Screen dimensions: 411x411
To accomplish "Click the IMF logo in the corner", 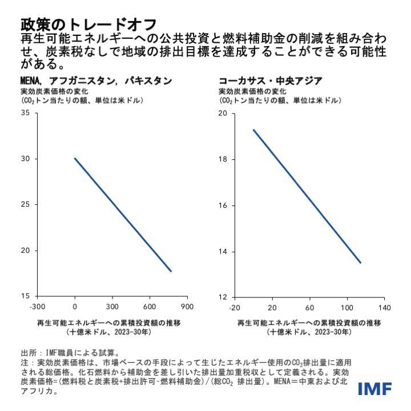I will coord(375,389).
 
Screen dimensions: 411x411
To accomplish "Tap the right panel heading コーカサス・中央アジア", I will coord(269,80).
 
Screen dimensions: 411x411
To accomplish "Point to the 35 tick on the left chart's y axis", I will coord(25,113).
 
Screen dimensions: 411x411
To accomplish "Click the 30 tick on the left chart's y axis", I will coord(25,159).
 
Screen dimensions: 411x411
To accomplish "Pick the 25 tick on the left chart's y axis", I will coord(25,204).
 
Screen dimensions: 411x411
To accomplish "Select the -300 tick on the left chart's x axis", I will coord(37,307).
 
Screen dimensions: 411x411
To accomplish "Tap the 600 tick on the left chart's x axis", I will coord(151,307).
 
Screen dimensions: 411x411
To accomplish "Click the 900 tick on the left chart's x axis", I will coord(188,307).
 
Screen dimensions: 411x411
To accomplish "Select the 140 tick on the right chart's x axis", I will coord(385,307).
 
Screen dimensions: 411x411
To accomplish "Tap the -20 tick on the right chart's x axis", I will coord(234,307).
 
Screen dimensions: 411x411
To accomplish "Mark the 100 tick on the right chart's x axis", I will coord(347,307).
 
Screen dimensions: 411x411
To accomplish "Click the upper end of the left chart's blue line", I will coord(75,158).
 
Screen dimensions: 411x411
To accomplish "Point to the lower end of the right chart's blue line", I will coord(360,263).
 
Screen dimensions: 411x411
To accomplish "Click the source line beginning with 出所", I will coord(70,352).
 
